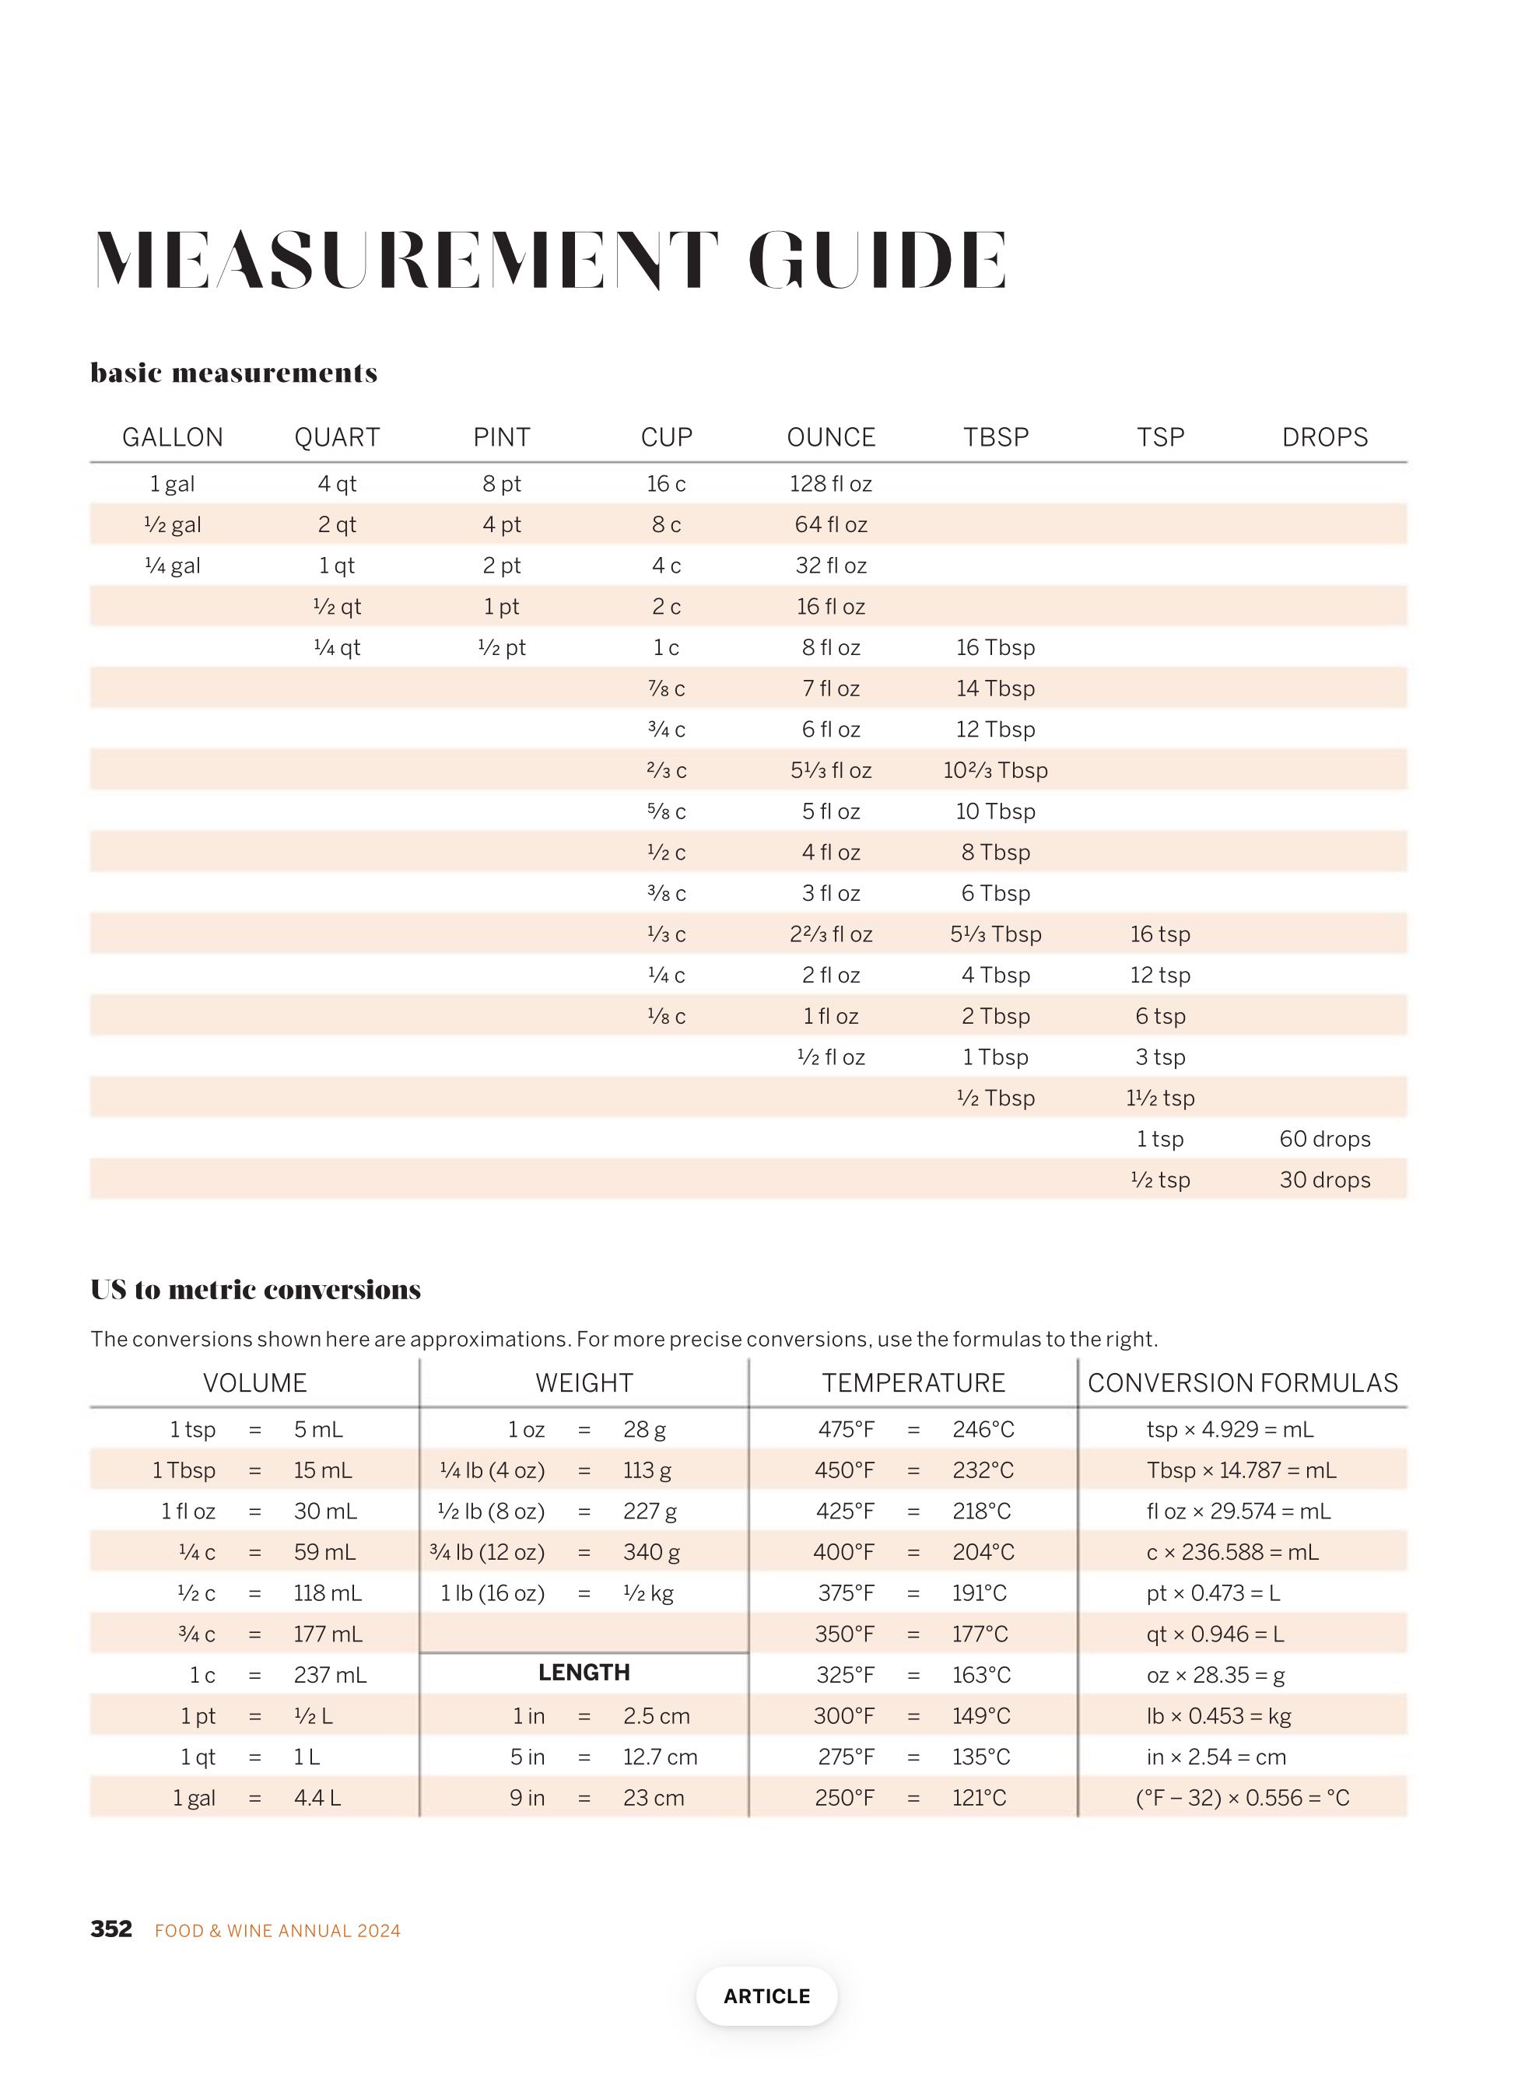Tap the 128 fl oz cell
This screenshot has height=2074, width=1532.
[x=830, y=484]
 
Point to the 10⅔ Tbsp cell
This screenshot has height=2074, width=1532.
[x=995, y=770]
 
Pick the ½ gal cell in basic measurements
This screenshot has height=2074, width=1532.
[x=174, y=525]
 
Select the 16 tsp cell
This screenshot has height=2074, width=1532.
[x=1159, y=934]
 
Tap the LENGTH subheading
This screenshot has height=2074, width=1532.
[x=584, y=1672]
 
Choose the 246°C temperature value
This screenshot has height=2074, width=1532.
[x=983, y=1429]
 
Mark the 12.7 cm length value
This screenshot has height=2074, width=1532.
[x=659, y=1756]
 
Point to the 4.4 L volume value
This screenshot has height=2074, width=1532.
[x=317, y=1798]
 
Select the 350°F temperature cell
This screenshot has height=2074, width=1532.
[x=844, y=1634]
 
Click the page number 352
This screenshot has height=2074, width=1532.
[x=111, y=1929]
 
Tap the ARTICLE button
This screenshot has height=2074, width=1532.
[x=766, y=1995]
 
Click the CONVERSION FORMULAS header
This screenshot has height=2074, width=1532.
[x=1242, y=1382]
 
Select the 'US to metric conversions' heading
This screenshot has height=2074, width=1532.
[x=256, y=1290]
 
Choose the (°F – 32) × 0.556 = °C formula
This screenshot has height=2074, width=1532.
[x=1242, y=1798]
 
